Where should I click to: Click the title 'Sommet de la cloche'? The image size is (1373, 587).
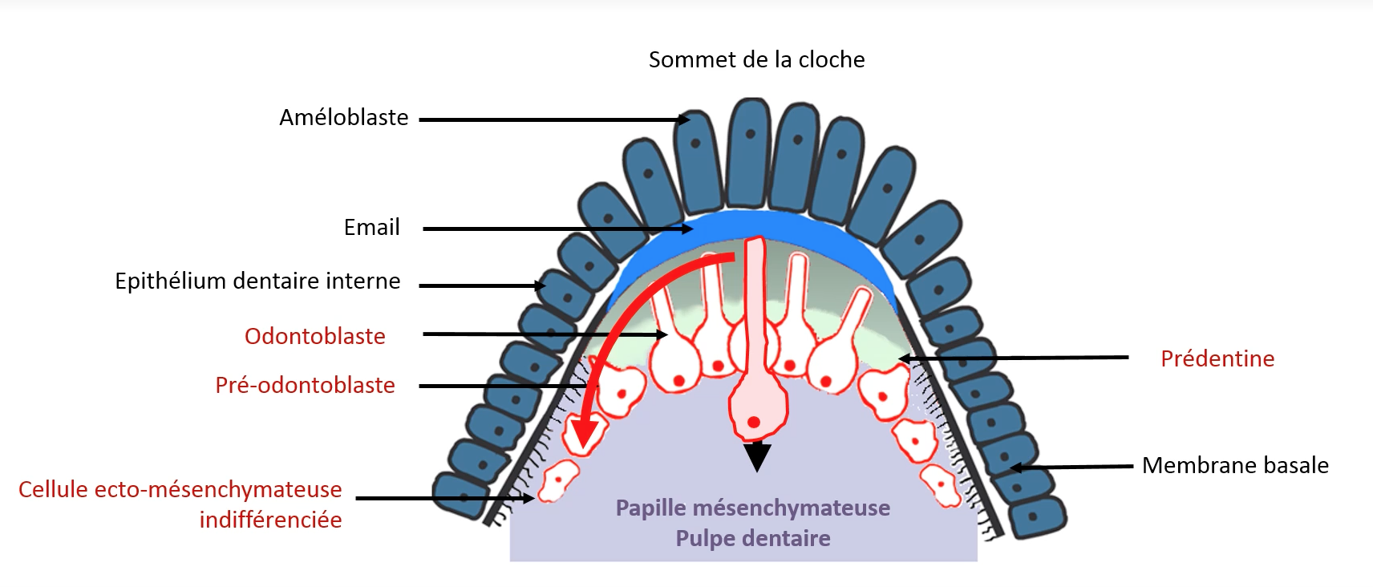pos(756,60)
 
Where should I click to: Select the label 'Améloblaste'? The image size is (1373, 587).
pos(343,118)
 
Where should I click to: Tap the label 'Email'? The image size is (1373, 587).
pos(371,228)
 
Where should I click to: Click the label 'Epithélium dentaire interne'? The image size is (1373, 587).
pos(257,281)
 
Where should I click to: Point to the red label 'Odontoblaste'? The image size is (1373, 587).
pos(314,337)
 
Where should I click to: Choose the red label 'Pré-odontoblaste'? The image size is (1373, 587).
pos(305,386)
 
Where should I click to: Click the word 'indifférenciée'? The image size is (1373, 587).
pos(270,520)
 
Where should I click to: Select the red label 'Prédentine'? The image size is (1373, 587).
pos(1217,359)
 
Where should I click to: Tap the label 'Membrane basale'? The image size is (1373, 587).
pos(1234,466)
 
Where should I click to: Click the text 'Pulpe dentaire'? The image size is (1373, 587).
pos(752,538)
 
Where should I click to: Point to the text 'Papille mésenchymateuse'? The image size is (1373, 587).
pos(752,508)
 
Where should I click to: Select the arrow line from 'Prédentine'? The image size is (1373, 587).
pos(1019,358)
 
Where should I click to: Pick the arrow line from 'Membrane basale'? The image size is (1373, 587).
pos(1075,466)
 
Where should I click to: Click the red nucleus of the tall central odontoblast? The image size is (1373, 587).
pos(754,422)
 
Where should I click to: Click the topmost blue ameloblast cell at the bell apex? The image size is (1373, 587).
pos(751,152)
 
